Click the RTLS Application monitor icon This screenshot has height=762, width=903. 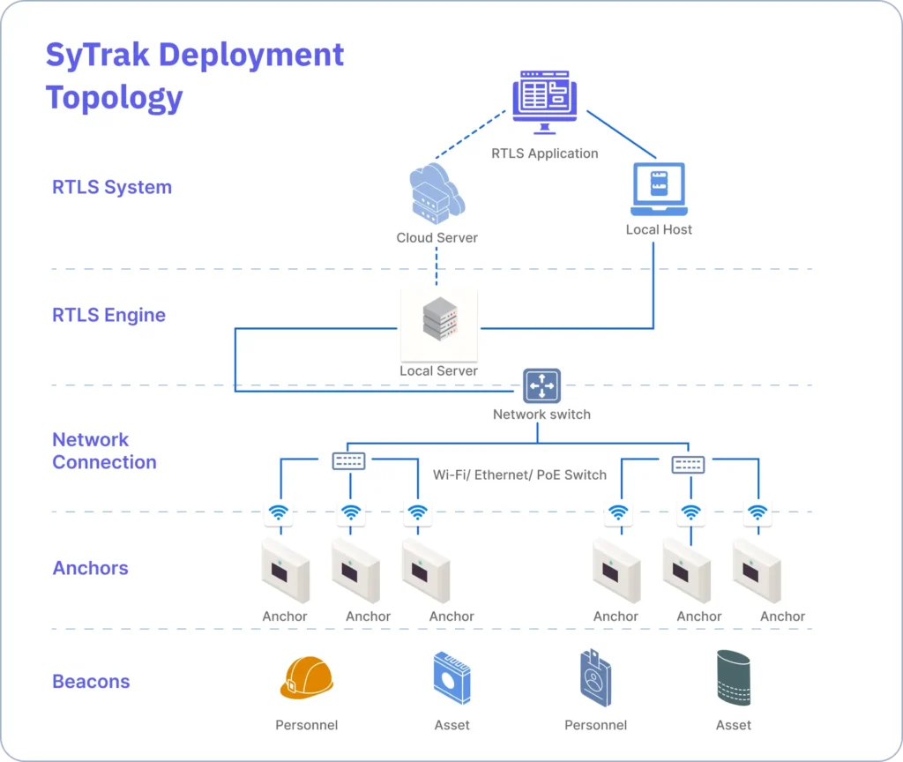pos(544,102)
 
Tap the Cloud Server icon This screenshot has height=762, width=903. pos(437,194)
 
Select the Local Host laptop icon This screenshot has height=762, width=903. pos(659,190)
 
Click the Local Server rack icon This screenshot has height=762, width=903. pos(438,321)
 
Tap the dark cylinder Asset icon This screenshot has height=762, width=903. pos(733,677)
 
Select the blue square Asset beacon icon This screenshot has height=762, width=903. pos(451,677)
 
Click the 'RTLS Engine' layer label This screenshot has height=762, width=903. pos(108,315)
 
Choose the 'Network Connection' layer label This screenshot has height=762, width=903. pos(104,451)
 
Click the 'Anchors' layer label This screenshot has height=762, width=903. pos(90,568)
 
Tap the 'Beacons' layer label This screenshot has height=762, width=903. pos(91,682)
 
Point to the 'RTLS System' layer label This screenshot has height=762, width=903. pos(112,187)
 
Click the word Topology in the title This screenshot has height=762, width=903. pos(115,97)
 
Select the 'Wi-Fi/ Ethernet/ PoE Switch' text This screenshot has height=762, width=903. pos(519,474)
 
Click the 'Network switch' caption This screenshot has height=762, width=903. pos(541,414)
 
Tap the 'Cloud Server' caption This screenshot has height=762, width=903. pos(437,237)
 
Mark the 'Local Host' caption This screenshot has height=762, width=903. pos(659,229)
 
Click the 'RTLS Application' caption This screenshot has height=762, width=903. pos(544,153)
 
